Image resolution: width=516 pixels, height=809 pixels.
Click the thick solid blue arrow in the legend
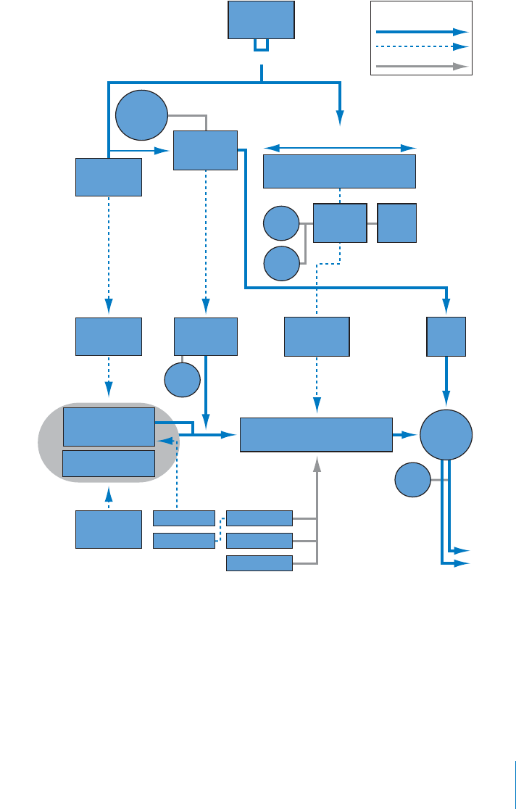(420, 32)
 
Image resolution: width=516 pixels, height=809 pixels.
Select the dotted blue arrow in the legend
(420, 46)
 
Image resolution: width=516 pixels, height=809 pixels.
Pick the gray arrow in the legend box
(420, 66)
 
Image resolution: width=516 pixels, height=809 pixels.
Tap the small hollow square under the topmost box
(261, 45)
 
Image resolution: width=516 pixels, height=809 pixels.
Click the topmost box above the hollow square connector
(261, 20)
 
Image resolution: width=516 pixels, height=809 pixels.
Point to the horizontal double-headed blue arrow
(339, 148)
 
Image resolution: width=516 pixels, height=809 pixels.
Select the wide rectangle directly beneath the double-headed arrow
(339, 171)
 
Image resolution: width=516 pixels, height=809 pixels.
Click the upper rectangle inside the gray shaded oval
(109, 426)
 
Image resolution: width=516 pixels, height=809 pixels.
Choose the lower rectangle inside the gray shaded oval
(109, 463)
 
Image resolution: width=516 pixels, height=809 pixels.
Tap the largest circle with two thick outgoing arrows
(446, 434)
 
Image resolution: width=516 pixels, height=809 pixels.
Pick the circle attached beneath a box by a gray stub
(183, 379)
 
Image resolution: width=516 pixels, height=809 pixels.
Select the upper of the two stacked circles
(281, 223)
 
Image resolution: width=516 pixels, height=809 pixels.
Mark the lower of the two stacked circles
(281, 263)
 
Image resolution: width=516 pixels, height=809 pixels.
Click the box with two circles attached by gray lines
(340, 223)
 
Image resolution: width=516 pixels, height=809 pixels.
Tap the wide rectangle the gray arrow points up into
(316, 434)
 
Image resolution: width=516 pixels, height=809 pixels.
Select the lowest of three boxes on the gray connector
(259, 563)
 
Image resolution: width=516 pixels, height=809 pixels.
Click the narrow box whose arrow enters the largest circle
(446, 336)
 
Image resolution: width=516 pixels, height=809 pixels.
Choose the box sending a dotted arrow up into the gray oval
(109, 529)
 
